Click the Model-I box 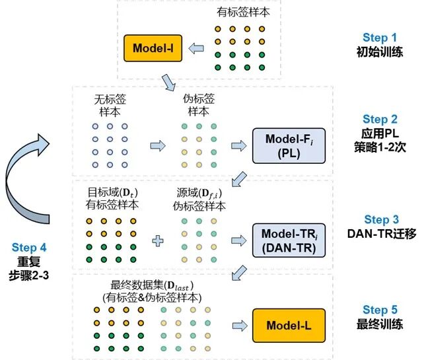(x=152, y=48)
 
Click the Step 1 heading (x=380, y=38)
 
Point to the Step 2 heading (x=380, y=120)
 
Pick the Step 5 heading (x=380, y=310)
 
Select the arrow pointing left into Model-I (x=197, y=48)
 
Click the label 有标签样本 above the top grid (x=243, y=12)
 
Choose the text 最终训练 (x=381, y=324)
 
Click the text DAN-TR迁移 (x=381, y=234)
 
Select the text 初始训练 (x=381, y=52)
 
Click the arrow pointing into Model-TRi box (x=236, y=240)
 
